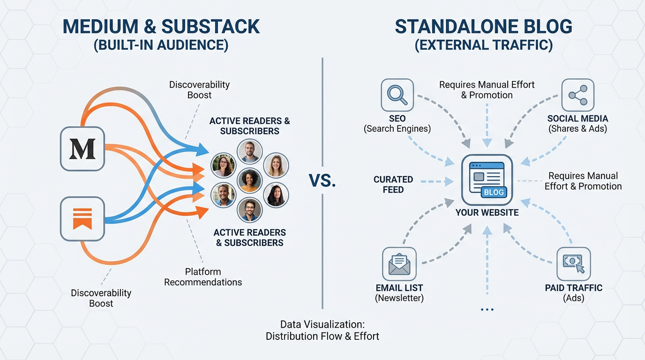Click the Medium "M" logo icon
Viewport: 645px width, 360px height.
(x=82, y=149)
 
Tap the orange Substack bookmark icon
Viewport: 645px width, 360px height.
(x=82, y=219)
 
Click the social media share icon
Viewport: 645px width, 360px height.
(x=577, y=95)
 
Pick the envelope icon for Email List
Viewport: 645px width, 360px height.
(x=399, y=264)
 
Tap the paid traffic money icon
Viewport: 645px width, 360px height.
(x=573, y=264)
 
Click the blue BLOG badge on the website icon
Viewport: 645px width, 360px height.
(x=494, y=192)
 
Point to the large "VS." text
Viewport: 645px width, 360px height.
(x=322, y=180)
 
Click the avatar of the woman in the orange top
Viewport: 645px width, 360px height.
(x=250, y=180)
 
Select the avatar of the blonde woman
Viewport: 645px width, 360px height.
(x=276, y=165)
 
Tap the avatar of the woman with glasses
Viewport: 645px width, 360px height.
(x=224, y=165)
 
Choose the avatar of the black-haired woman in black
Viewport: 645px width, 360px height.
(x=276, y=195)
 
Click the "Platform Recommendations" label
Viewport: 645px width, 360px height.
(x=203, y=277)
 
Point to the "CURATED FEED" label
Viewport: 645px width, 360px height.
(x=393, y=184)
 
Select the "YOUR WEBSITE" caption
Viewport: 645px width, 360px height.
(x=487, y=212)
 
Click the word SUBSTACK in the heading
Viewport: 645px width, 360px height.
(x=210, y=27)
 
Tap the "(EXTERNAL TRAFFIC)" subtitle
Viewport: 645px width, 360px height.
(x=483, y=45)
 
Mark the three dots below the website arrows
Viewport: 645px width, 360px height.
(x=487, y=309)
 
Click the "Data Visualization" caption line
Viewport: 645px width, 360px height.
(x=322, y=324)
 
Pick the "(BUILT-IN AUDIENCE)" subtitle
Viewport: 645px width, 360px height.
(x=161, y=45)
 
